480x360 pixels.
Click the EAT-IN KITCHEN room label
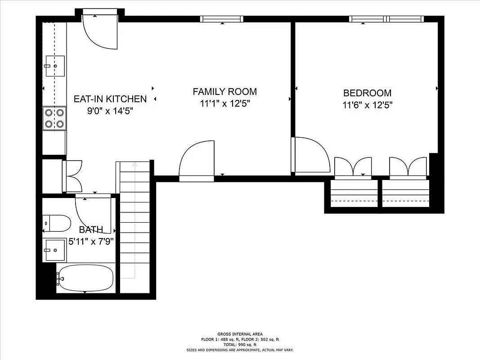[x=110, y=99]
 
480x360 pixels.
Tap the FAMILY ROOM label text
[x=224, y=92]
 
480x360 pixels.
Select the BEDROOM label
[x=367, y=93]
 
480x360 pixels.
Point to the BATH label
[x=91, y=230]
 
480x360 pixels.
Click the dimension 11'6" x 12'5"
[x=367, y=105]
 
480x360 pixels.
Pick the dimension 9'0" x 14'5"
[x=110, y=111]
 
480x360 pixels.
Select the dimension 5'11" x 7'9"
[x=91, y=241]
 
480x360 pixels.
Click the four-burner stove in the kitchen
[x=54, y=118]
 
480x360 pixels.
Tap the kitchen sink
[x=55, y=66]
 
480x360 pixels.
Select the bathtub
[x=85, y=278]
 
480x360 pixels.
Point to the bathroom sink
[x=55, y=250]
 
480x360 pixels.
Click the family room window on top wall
[x=222, y=19]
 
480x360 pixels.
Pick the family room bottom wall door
[x=197, y=162]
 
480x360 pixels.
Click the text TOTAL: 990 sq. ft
[x=240, y=344]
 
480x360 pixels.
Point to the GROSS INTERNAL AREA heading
[x=240, y=334]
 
